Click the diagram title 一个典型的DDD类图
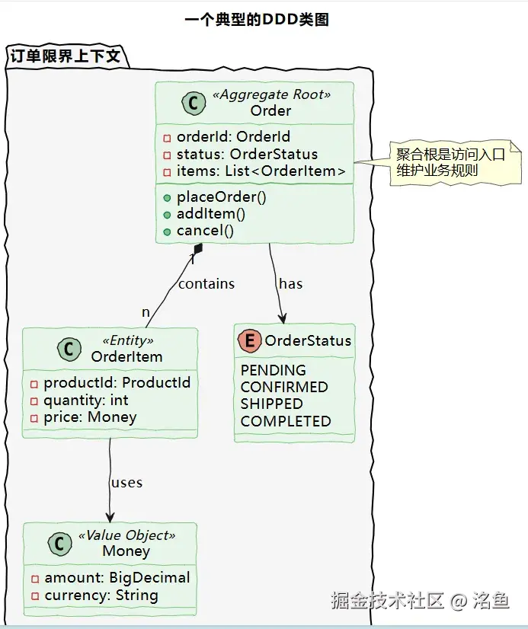[257, 20]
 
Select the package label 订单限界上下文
[65, 56]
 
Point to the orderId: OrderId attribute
[233, 137]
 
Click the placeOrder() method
[221, 196]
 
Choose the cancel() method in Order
[205, 231]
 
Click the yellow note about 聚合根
[450, 162]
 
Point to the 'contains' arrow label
[206, 284]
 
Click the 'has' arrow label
[290, 284]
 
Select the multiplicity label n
[146, 312]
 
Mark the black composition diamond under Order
[198, 249]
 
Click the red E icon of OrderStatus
[249, 341]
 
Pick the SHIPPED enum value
[271, 404]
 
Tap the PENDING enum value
[273, 370]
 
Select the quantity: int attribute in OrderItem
[85, 400]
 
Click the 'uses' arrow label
[126, 483]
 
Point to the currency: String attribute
[101, 595]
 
